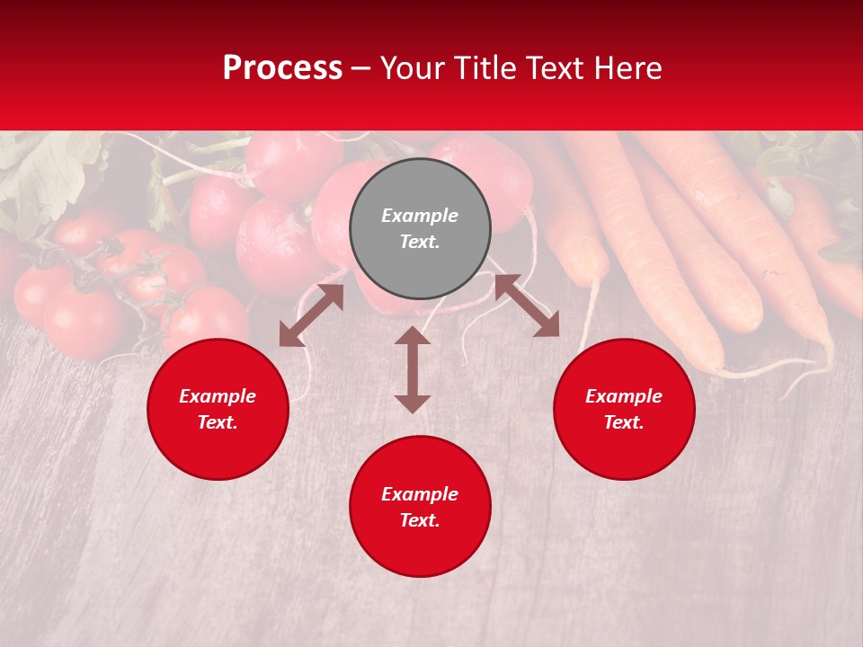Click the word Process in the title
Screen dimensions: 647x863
(x=282, y=68)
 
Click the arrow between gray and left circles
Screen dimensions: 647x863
(x=312, y=315)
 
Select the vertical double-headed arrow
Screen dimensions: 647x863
(x=413, y=369)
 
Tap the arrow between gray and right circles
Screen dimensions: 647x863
(x=527, y=306)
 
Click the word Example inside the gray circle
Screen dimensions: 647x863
(x=420, y=216)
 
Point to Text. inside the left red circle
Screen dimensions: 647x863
(x=218, y=422)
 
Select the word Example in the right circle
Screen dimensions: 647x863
(x=624, y=396)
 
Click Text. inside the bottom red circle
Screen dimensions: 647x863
(x=420, y=520)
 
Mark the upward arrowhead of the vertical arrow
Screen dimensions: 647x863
(x=413, y=336)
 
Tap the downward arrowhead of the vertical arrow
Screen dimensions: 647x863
(x=413, y=403)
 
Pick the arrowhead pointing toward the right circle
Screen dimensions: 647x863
(x=547, y=326)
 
